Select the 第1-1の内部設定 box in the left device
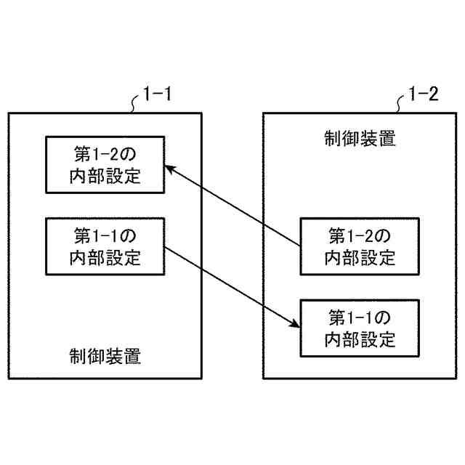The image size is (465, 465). tap(105, 246)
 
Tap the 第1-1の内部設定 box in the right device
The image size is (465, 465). tap(360, 328)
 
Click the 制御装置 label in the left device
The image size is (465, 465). tap(105, 357)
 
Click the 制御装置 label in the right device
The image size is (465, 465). tap(360, 139)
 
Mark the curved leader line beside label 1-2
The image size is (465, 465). tap(401, 105)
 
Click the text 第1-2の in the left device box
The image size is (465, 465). tap(105, 154)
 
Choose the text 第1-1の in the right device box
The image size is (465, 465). tap(360, 318)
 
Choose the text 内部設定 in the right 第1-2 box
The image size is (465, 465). tap(360, 256)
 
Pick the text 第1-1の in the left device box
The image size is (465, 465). tap(105, 236)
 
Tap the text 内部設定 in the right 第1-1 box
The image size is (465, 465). tap(360, 339)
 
